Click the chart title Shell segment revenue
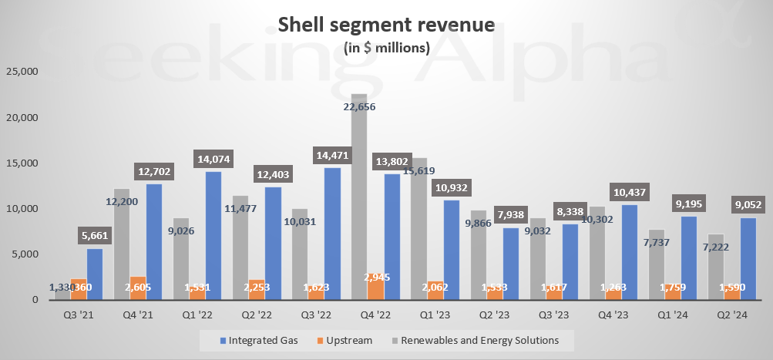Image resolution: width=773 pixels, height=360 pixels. point(385,25)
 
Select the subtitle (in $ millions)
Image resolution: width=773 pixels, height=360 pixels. point(385,48)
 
